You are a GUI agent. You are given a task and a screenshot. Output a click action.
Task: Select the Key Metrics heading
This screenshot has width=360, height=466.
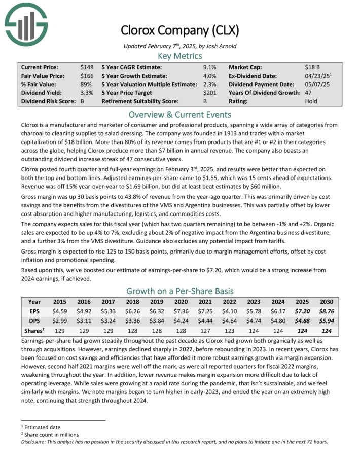179,56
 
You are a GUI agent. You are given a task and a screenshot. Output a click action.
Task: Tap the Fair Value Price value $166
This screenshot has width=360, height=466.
87,76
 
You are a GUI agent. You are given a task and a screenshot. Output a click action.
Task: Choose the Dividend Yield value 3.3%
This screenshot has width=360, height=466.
86,93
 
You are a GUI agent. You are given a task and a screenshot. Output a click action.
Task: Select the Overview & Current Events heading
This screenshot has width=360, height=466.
179,114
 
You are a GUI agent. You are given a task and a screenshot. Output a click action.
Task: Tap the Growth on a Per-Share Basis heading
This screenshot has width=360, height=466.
179,291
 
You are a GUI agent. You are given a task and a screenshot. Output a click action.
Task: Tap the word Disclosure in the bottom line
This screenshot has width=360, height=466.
35,441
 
